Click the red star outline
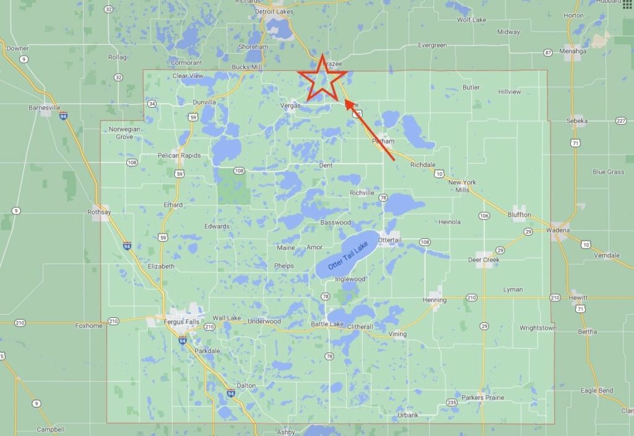coord(322,79)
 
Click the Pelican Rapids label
coord(179,155)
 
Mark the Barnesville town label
coord(45,107)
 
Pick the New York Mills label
coord(462,186)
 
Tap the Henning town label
coord(434,300)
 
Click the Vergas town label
coord(290,106)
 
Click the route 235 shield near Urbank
coord(452,403)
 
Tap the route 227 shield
coord(621,121)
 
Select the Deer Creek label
coord(484,260)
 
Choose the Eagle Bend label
coord(597,390)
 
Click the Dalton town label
coord(246,385)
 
